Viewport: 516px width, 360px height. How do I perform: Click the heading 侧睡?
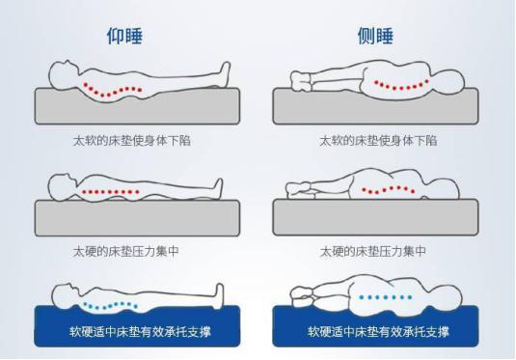pyautogui.click(x=377, y=36)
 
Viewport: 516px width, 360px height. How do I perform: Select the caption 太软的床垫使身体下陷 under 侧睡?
pyautogui.click(x=378, y=140)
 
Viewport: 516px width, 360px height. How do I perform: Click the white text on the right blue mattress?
pyautogui.click(x=378, y=331)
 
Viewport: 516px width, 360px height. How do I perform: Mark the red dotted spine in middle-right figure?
pyautogui.click(x=391, y=190)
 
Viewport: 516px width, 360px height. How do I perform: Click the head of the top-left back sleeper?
pyautogui.click(x=60, y=71)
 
